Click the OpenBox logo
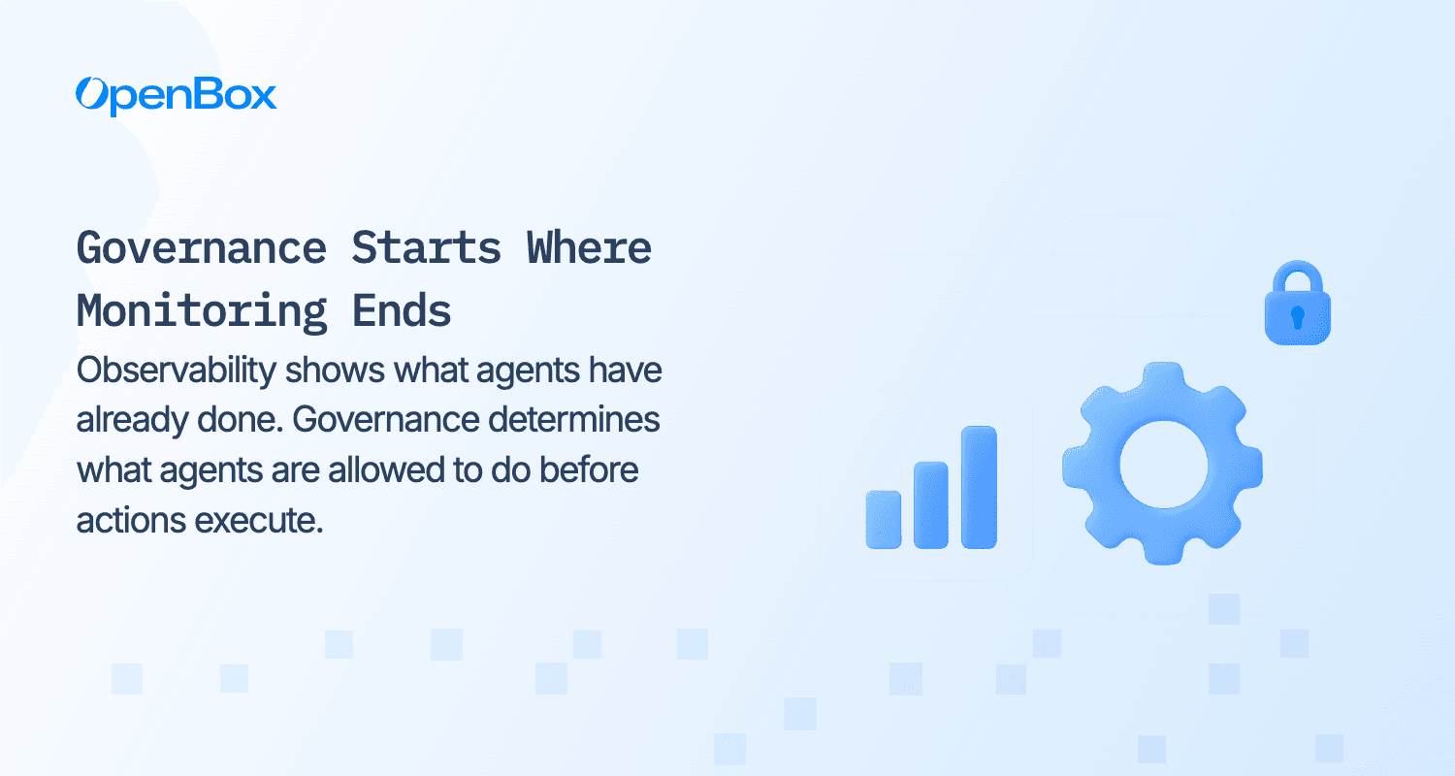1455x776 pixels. [x=176, y=96]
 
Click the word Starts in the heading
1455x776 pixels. [x=426, y=248]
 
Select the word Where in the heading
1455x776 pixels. [x=589, y=248]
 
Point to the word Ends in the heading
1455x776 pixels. [x=402, y=311]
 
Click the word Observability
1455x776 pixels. [x=177, y=372]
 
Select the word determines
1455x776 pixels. [x=574, y=419]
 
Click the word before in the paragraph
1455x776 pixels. [x=589, y=469]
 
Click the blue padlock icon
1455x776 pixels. [x=1297, y=303]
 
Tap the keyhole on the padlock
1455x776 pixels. [x=1297, y=317]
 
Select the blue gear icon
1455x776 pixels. [x=1163, y=464]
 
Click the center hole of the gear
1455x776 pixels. [x=1163, y=465]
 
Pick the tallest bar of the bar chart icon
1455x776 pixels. [x=979, y=487]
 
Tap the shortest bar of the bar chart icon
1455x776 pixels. [x=884, y=520]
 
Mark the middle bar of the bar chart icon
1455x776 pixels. [x=931, y=505]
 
